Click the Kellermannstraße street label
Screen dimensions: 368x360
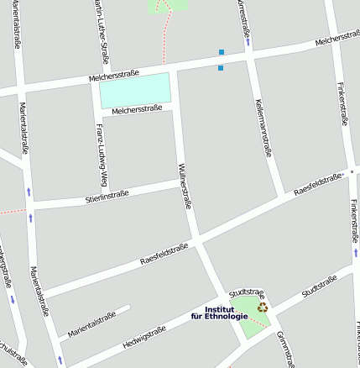pos(263,126)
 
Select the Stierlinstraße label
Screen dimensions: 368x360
pos(107,198)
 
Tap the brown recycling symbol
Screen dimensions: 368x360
pos(263,308)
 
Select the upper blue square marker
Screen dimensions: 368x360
pos(222,52)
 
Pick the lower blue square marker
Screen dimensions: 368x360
pos(221,67)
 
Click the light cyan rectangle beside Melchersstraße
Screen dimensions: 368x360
pos(135,89)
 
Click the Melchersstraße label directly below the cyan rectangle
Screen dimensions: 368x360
pos(136,109)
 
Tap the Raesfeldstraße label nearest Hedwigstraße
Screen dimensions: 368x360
pos(163,254)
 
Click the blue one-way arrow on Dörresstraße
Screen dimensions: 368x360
pos(249,39)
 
